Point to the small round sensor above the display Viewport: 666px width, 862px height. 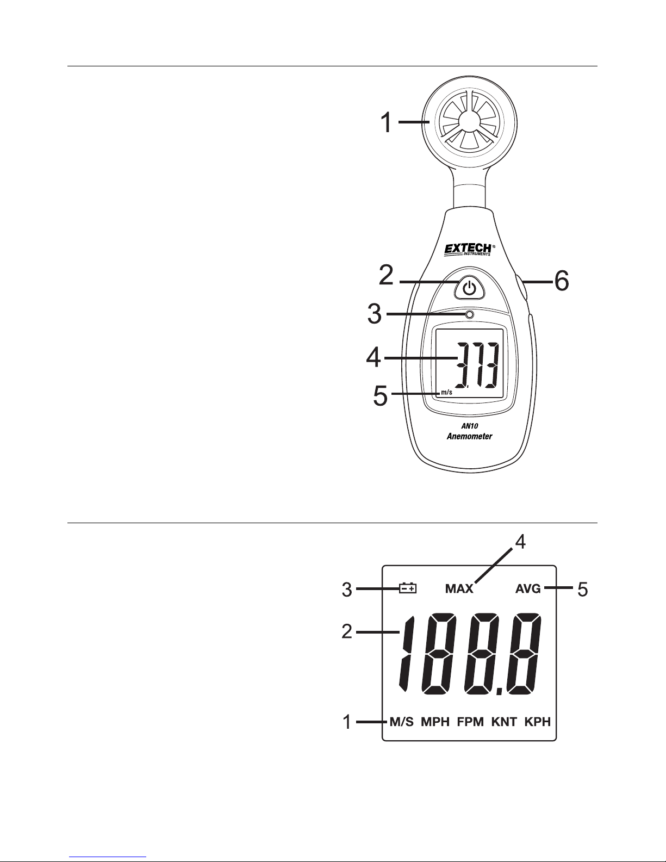469,314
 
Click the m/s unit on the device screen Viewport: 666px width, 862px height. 446,392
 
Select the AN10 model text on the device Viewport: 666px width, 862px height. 470,426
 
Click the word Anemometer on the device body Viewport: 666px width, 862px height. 470,436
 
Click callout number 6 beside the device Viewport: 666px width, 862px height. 562,281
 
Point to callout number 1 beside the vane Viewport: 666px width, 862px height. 386,122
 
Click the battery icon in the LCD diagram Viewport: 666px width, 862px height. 408,588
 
